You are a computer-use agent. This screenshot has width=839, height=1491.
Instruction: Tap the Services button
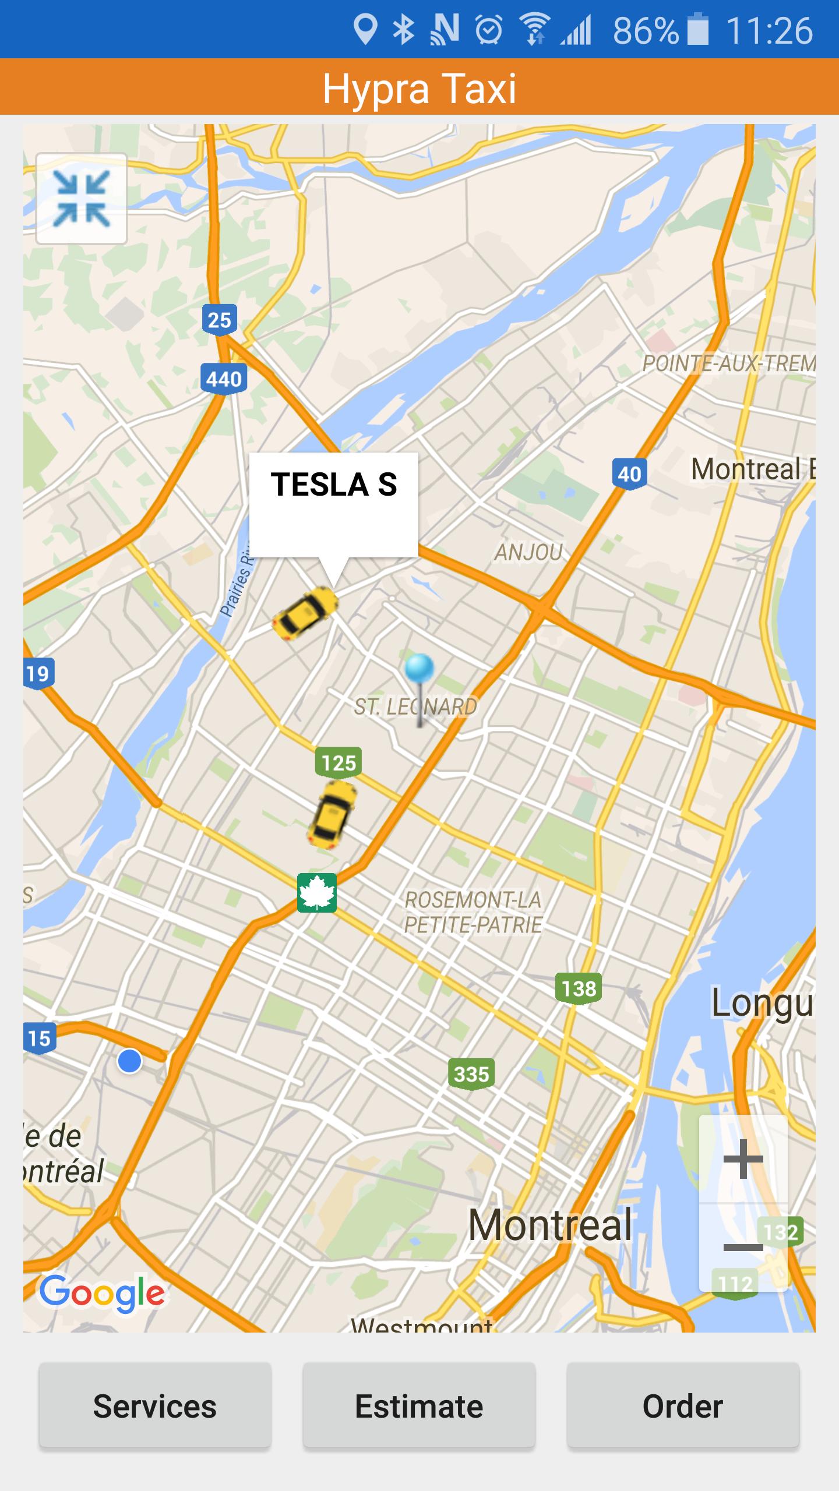pos(155,1406)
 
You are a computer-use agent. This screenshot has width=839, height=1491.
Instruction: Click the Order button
pos(683,1406)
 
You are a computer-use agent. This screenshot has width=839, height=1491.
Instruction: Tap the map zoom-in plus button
pos(743,1159)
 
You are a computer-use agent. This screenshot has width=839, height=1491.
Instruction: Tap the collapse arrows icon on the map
pos(82,199)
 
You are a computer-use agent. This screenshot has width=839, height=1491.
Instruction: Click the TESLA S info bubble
pos(333,504)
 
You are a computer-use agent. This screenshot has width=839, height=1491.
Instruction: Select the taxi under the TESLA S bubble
pos(305,613)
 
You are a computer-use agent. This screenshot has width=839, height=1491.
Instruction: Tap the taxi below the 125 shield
pos(332,814)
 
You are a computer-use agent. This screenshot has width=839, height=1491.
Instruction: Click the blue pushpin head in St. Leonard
pos(419,669)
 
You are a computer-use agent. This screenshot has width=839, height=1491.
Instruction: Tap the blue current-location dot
pos(129,1061)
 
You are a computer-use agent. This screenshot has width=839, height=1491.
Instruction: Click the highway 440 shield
pos(224,379)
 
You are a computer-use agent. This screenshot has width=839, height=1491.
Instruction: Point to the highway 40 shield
pos(629,474)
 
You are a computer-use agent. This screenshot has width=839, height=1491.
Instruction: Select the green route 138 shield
pos(579,988)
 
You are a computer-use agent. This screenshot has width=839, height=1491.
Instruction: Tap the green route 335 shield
pos(471,1073)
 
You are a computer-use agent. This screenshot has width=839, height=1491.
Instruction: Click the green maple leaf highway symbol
pos(317,893)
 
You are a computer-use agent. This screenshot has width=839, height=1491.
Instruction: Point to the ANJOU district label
pos(528,552)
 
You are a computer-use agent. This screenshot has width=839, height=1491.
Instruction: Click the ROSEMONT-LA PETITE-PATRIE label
pos(473,912)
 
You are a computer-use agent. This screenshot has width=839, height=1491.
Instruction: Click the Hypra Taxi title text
pos(419,88)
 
